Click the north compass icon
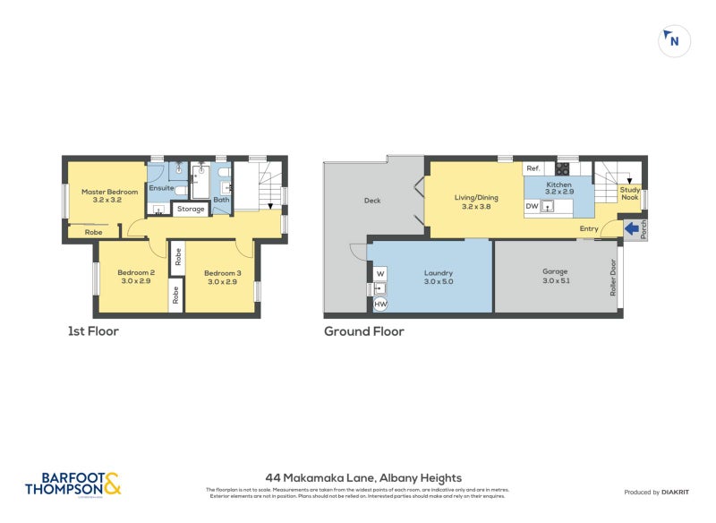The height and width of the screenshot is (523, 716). (x=674, y=40)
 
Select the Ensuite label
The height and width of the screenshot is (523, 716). (x=161, y=188)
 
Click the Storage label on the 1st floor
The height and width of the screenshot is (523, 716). (x=190, y=209)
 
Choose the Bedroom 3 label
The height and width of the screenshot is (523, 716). (x=222, y=277)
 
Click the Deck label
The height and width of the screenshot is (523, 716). (x=372, y=201)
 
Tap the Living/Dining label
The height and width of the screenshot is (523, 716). (x=476, y=201)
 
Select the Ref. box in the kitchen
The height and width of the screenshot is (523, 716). (x=533, y=168)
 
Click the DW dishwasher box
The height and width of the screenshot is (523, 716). (x=532, y=206)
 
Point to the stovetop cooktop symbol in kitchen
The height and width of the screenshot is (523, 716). (x=562, y=167)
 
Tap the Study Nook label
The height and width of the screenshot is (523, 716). (x=630, y=193)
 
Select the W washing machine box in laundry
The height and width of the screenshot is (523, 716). (x=380, y=273)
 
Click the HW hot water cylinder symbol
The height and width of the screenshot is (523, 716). (x=380, y=304)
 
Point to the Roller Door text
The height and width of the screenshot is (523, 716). (x=613, y=278)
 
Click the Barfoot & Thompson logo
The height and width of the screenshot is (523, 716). (x=72, y=484)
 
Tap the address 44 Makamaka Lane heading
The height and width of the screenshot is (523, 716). (x=363, y=478)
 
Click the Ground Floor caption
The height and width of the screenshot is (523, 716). (x=364, y=331)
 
